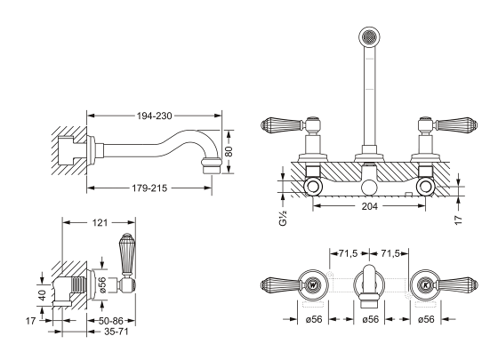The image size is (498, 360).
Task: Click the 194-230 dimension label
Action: [155, 116]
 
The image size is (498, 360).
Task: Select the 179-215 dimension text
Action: [149, 188]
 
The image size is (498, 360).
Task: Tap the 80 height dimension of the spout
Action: [229, 152]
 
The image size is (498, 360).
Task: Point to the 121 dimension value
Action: [100, 223]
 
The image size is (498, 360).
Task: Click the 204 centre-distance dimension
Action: [370, 206]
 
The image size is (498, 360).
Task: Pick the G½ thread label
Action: [283, 218]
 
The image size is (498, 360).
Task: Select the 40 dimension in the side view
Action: [43, 294]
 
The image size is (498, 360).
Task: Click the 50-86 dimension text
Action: [111, 321]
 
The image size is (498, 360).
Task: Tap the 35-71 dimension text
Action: [116, 332]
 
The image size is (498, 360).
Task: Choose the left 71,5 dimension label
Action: [349, 253]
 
